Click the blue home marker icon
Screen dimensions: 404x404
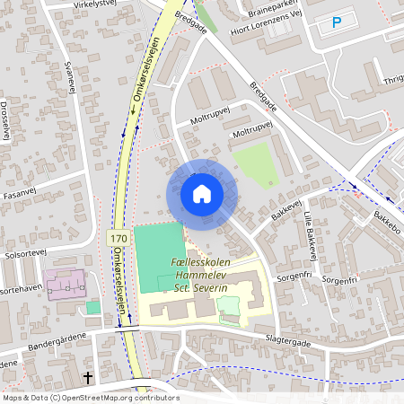(x=201, y=194)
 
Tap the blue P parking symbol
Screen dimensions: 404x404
(x=337, y=22)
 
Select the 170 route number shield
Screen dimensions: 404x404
(x=117, y=239)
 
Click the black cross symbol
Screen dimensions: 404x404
(x=88, y=378)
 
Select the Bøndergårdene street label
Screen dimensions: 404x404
(x=54, y=335)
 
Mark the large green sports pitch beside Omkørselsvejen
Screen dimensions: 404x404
(x=158, y=257)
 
